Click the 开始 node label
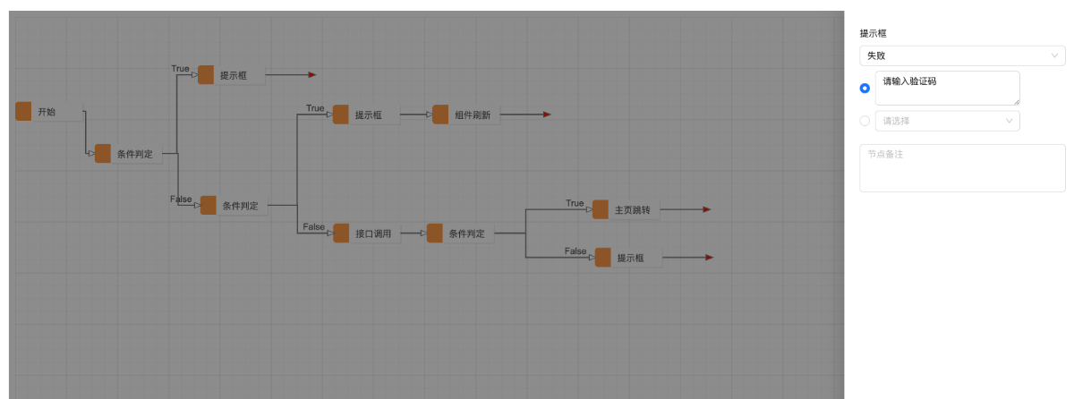tap(47, 112)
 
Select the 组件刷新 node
tap(466, 115)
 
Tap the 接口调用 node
tap(367, 233)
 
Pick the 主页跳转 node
tap(626, 210)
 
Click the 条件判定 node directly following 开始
tap(129, 154)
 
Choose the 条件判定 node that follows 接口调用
tap(460, 233)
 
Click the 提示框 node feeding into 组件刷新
tap(366, 115)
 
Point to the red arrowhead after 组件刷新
tap(547, 115)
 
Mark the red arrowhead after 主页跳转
tap(707, 209)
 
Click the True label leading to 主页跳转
tap(575, 203)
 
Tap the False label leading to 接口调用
tap(313, 226)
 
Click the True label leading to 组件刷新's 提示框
tap(315, 108)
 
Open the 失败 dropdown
tap(962, 55)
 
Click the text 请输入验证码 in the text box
tap(909, 81)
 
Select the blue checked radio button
tap(865, 89)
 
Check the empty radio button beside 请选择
tap(865, 121)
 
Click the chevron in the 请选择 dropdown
tap(1010, 121)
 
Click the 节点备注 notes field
tap(962, 168)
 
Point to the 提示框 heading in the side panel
tap(874, 33)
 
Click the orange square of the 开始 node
tap(23, 111)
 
